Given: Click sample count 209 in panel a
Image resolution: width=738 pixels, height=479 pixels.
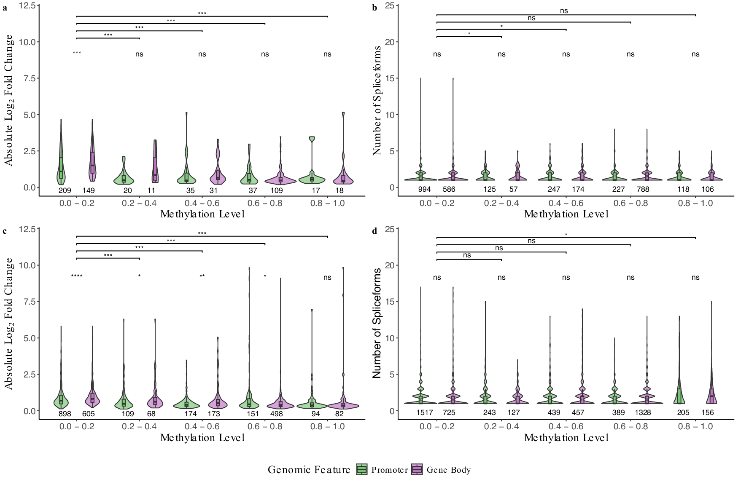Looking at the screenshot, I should (x=65, y=190).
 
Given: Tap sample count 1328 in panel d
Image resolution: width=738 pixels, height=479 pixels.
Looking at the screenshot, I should (x=643, y=413).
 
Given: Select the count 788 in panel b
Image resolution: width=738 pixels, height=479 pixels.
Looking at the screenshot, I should (x=643, y=189).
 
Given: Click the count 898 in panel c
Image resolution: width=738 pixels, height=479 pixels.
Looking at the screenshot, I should (x=65, y=414).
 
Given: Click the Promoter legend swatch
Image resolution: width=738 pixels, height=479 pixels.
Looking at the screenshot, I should (x=361, y=469).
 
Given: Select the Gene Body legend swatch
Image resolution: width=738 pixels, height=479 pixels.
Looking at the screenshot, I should (x=417, y=469).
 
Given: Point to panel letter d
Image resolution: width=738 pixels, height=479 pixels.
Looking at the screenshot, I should (x=374, y=231).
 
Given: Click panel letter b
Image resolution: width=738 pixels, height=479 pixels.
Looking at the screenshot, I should (x=374, y=8).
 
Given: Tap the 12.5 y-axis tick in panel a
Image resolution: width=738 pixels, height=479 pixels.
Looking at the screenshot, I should (x=27, y=5).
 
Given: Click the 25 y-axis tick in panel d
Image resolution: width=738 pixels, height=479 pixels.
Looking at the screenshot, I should (x=389, y=229).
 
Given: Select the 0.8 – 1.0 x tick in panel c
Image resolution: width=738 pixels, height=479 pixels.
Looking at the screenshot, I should (x=327, y=426).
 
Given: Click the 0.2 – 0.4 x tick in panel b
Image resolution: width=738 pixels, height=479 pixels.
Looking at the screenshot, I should (x=501, y=203).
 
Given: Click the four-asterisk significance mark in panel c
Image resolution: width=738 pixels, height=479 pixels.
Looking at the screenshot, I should (x=77, y=276).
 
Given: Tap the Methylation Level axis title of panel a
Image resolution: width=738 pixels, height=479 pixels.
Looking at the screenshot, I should (x=202, y=214).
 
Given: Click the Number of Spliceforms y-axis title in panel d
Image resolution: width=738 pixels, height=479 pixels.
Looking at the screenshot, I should (x=377, y=323).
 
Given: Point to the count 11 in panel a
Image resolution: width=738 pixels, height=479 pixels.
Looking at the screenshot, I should (x=151, y=190).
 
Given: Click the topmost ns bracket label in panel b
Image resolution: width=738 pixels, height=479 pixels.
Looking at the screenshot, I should (x=564, y=11).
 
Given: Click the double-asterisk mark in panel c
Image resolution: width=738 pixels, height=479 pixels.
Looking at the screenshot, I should (x=202, y=276).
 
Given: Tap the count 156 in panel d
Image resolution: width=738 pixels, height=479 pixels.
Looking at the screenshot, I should (x=707, y=413).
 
